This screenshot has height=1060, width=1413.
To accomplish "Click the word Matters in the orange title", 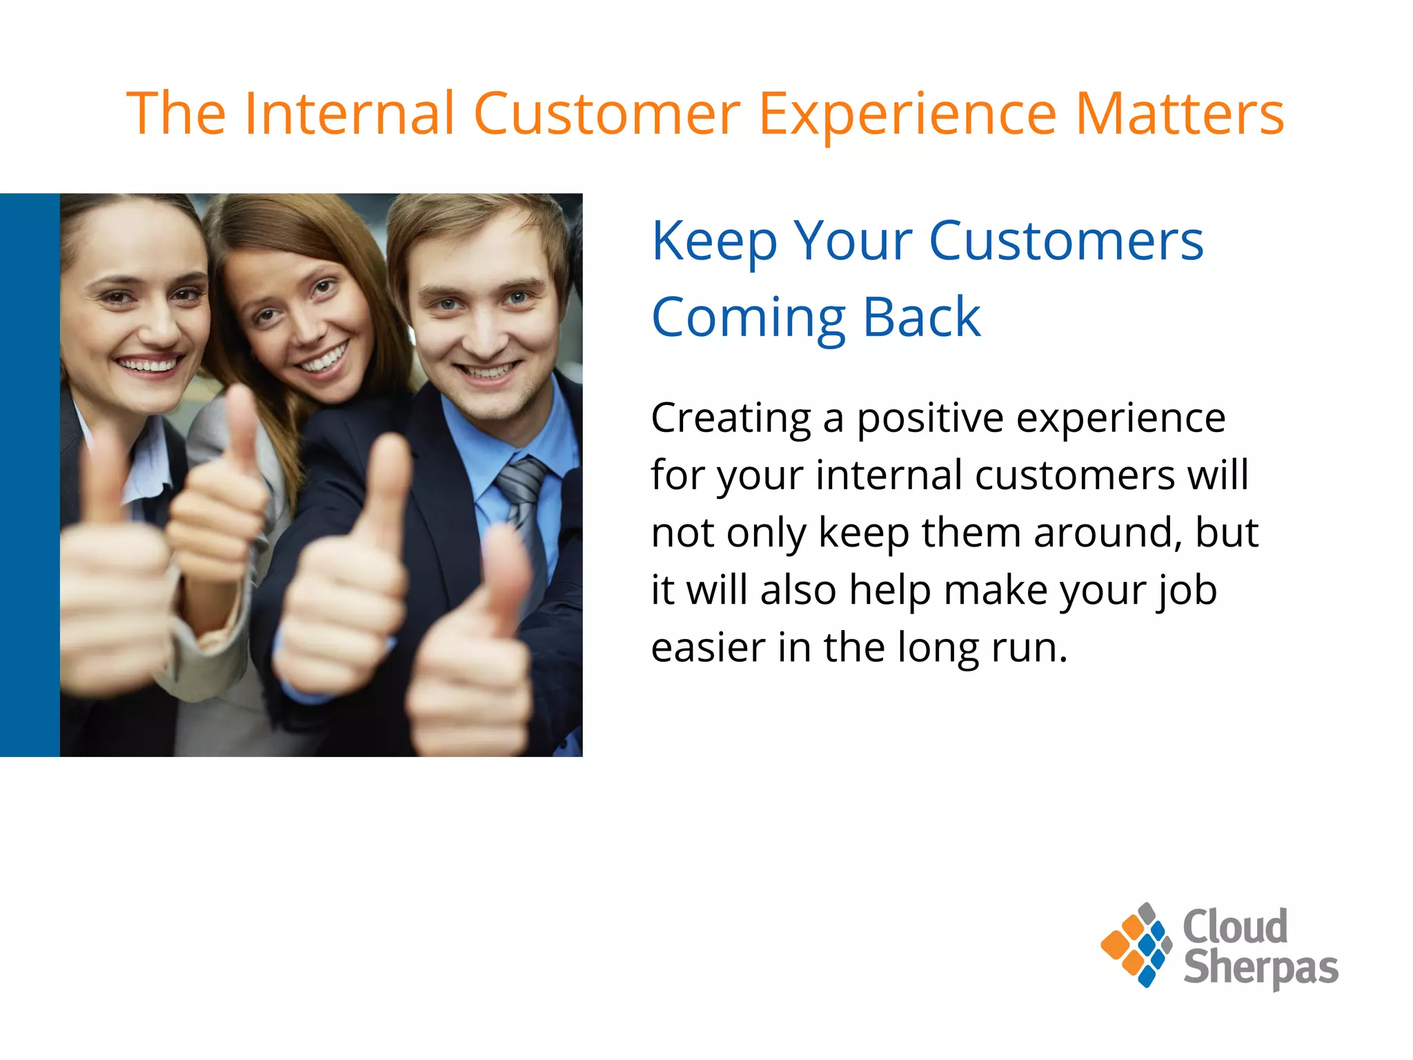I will click(1179, 114).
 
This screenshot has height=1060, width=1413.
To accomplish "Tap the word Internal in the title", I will click(348, 114).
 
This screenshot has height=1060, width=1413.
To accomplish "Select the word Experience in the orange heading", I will click(907, 114).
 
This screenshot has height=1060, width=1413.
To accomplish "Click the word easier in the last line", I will click(708, 648).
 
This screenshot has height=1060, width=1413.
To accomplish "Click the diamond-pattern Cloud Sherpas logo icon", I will click(1136, 945).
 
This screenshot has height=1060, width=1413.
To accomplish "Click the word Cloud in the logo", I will click(1234, 926).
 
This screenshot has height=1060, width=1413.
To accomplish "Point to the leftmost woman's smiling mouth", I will click(148, 364).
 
